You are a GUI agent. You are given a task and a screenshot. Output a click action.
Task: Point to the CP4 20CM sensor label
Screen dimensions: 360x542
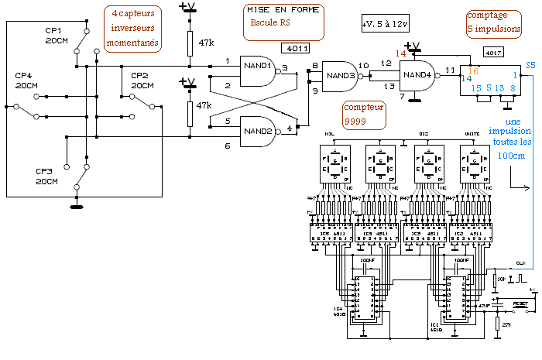click(x=26, y=81)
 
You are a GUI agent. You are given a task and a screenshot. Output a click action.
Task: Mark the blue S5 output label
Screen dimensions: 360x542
click(x=530, y=65)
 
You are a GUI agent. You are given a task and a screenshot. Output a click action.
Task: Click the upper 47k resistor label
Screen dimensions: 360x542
click(x=205, y=43)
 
